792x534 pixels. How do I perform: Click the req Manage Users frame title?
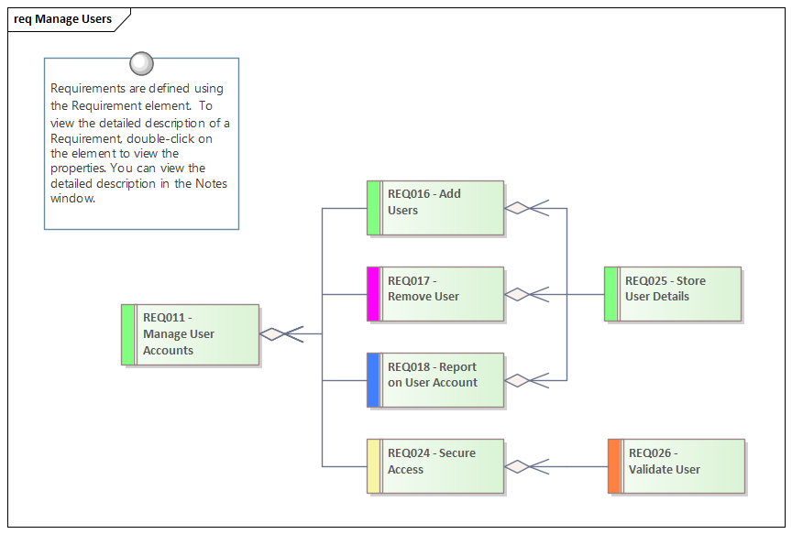[63, 19]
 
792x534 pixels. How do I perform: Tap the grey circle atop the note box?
[142, 63]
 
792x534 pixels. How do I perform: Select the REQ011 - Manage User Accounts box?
[191, 334]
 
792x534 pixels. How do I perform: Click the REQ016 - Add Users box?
[435, 208]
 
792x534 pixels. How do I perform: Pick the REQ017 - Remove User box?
[435, 294]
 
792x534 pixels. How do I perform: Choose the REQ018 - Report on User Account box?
[435, 380]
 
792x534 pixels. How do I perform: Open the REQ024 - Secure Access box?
[435, 466]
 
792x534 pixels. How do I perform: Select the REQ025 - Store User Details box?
[673, 294]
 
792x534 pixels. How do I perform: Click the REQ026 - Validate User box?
[676, 466]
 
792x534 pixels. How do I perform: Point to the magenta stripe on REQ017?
[373, 294]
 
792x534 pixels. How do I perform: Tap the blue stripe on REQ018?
[373, 380]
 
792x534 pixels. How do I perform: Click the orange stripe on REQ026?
[614, 466]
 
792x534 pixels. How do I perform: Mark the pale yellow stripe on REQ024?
[373, 466]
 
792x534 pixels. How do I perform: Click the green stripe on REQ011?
[128, 334]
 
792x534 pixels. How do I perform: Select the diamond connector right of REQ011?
[273, 334]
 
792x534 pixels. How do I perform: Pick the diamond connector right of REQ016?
[518, 208]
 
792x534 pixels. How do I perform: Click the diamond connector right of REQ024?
[518, 466]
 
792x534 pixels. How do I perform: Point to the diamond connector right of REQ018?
[518, 380]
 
